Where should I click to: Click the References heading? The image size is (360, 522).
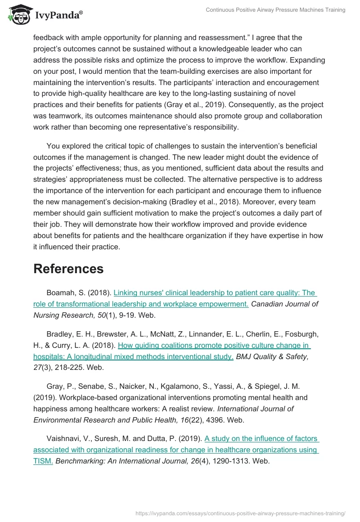68,269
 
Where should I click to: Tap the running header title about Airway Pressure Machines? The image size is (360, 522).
276,10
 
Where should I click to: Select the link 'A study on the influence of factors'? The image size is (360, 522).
261,438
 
